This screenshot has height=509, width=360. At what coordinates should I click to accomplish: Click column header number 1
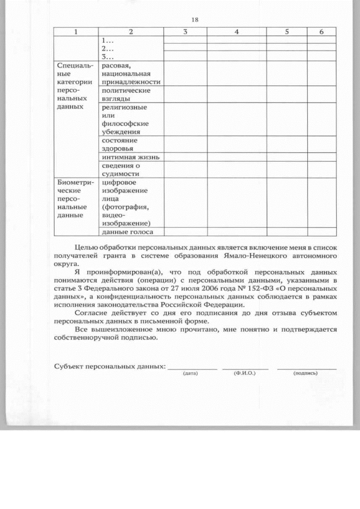coord(75,32)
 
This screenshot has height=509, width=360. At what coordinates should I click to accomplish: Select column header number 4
coord(236,32)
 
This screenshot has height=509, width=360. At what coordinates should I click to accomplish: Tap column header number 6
coord(321,32)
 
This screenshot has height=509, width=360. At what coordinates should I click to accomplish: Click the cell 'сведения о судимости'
coord(120,170)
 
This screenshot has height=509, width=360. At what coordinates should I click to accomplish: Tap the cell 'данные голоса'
coord(127,231)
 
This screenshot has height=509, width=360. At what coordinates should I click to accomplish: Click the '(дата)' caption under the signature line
coord(191,373)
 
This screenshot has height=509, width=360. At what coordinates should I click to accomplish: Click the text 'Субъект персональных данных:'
coord(110,366)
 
